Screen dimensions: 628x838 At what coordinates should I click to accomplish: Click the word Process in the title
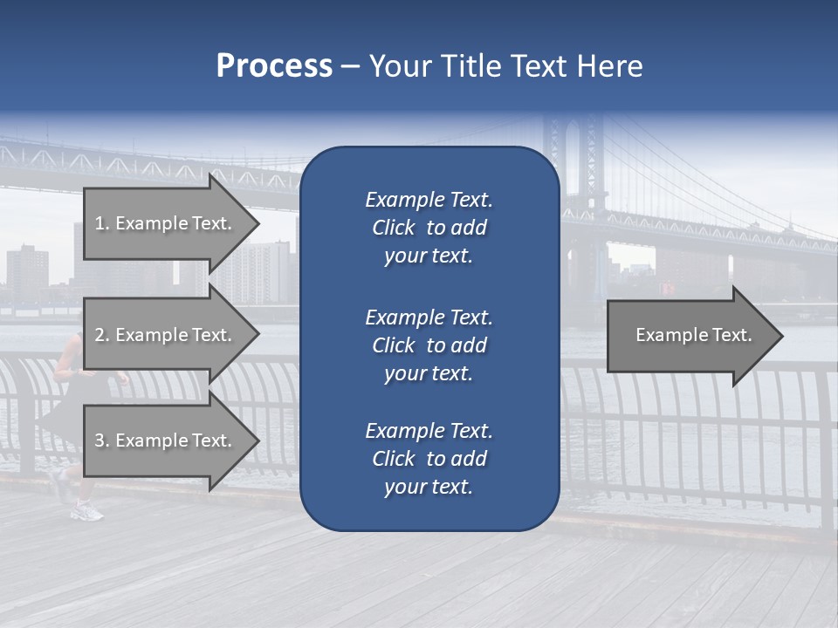pos(274,66)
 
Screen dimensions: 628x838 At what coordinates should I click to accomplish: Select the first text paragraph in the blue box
pos(429,228)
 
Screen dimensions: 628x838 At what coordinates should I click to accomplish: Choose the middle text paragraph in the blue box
pos(429,345)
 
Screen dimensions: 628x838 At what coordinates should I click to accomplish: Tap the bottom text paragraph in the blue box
pos(429,459)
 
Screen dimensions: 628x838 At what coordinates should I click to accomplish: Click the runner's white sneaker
pos(87,512)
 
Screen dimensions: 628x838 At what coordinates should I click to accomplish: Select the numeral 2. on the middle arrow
pos(102,335)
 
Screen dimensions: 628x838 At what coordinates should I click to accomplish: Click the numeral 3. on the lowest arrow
pos(102,440)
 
